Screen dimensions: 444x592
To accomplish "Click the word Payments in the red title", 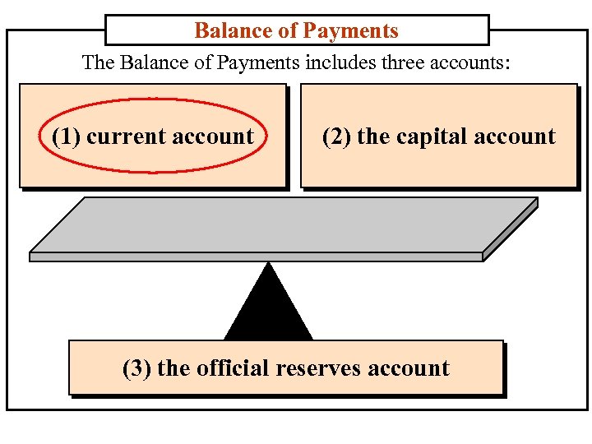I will click(350, 31).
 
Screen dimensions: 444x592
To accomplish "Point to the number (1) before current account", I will click(66, 136).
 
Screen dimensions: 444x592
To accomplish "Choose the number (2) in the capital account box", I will click(336, 136).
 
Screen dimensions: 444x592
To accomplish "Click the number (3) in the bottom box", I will click(136, 368).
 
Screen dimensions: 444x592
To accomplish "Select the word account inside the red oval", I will click(212, 136).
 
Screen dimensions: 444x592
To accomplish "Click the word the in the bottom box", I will click(173, 368).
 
